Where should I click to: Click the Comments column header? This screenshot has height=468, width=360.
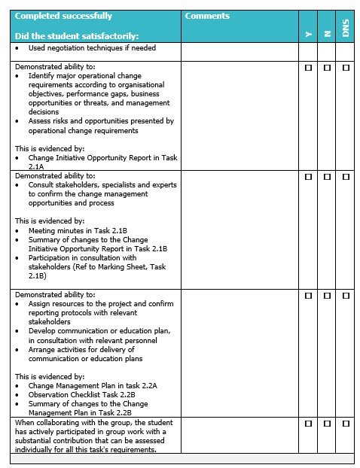207,16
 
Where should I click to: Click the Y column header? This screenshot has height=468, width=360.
307,34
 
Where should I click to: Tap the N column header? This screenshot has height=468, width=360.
327,34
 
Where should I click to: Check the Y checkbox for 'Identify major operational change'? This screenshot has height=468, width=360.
308,68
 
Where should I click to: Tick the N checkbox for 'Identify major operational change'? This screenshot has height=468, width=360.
327,68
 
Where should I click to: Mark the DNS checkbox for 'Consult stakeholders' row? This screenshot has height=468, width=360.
346,178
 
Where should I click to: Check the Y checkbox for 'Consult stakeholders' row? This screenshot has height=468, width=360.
308,178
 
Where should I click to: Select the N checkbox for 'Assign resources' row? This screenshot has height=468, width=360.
327,296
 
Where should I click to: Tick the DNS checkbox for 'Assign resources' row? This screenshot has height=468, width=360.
346,296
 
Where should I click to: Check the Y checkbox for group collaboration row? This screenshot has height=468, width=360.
308,424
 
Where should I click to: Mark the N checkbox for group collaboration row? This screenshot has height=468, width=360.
327,424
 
